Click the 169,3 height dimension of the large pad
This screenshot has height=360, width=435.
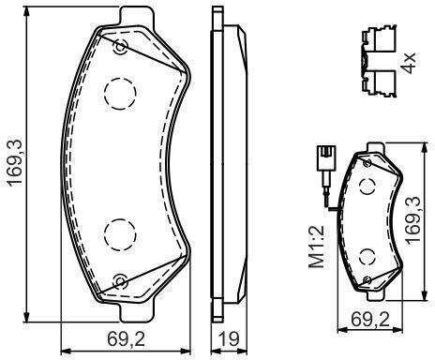coord(15,162)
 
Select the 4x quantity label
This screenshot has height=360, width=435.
coord(408,63)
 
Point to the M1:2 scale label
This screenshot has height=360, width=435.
coord(316,247)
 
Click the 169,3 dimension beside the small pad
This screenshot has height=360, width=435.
coord(412,220)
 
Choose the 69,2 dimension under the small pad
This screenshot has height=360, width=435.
coord(370,320)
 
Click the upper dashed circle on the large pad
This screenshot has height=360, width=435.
coord(120,94)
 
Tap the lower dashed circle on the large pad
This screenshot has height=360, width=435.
coord(120,234)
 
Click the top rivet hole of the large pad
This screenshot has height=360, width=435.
coord(121,47)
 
